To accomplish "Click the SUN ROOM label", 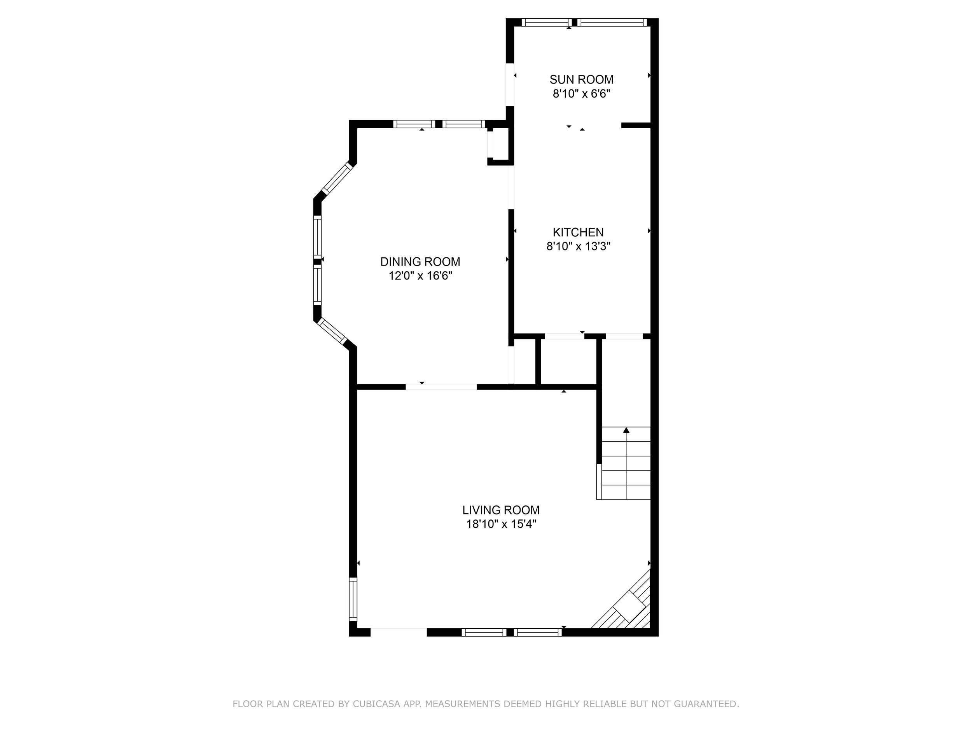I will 581,80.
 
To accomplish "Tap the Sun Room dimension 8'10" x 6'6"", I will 581,94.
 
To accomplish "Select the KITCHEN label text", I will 578,232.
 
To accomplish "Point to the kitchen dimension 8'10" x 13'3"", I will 578,246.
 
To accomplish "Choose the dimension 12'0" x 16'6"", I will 420,276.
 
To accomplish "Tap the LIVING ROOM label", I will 500,510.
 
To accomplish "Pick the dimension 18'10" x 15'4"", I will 501,524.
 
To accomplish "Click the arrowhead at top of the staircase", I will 626,430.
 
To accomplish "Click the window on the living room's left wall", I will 353,598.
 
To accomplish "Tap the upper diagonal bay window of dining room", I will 337,178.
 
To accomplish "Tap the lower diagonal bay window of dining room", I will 332,331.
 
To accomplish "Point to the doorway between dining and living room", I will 441,387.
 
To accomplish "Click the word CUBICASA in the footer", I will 376,704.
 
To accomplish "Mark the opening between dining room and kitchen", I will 511,187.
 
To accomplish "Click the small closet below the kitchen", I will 568,362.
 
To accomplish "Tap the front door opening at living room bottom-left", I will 399,632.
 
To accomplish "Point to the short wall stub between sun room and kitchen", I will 635,126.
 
